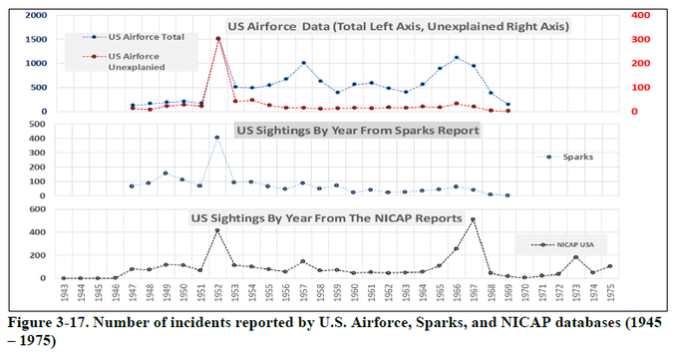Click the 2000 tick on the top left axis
pyautogui.click(x=34, y=17)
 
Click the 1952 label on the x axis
pyautogui.click(x=218, y=297)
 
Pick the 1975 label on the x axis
pyautogui.click(x=610, y=297)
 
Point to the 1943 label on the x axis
pyautogui.click(x=63, y=297)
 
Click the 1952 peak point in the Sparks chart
pyautogui.click(x=217, y=138)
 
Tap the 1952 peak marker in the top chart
pyautogui.click(x=218, y=39)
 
